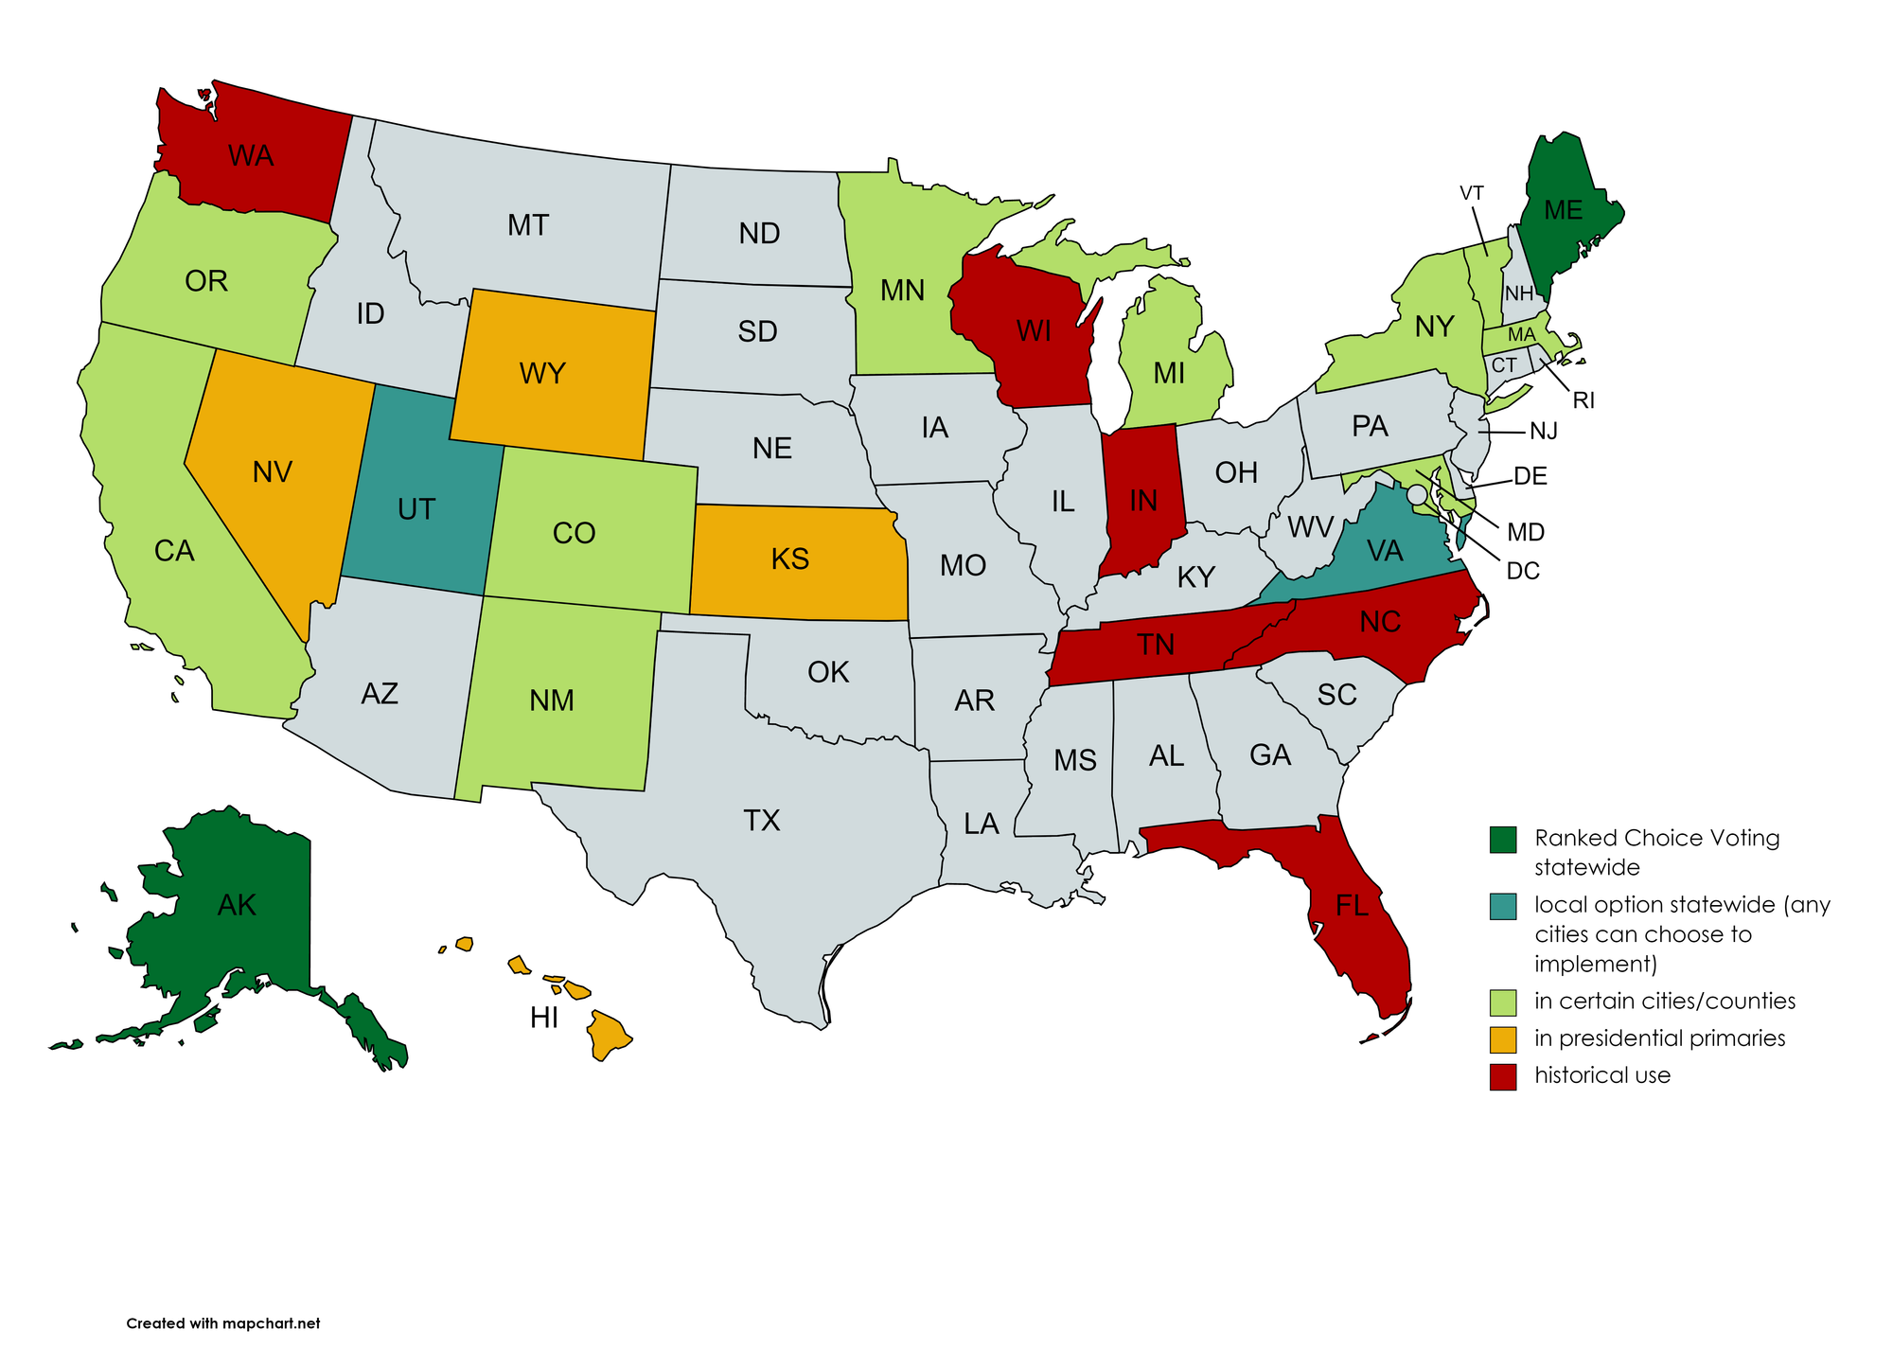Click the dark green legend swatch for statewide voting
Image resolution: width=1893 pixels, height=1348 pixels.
coord(1503,839)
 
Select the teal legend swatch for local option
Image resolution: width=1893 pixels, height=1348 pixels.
coord(1503,906)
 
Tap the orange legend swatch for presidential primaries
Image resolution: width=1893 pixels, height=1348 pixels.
coord(1503,1038)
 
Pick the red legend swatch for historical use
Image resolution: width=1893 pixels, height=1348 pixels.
coord(1503,1076)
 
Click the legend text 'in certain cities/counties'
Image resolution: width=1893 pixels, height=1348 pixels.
coord(1665,1001)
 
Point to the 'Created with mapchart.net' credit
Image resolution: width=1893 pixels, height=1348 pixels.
coord(223,1323)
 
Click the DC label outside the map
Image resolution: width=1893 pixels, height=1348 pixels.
coord(1523,571)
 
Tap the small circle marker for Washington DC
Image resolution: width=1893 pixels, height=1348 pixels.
coord(1416,494)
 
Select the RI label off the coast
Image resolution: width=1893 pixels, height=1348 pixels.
coord(1583,400)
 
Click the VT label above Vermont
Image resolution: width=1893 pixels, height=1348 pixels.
coord(1471,193)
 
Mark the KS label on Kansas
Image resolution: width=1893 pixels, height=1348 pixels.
coord(789,559)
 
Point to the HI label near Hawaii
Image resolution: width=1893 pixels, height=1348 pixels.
coord(543,1018)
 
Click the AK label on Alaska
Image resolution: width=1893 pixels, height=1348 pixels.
coord(237,905)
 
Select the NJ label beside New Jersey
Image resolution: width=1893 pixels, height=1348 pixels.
coord(1543,432)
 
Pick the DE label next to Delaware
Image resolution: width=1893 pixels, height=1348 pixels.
coord(1530,476)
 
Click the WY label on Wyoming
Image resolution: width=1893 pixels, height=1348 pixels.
coord(542,373)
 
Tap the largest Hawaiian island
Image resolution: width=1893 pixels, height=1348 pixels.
coord(608,1036)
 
